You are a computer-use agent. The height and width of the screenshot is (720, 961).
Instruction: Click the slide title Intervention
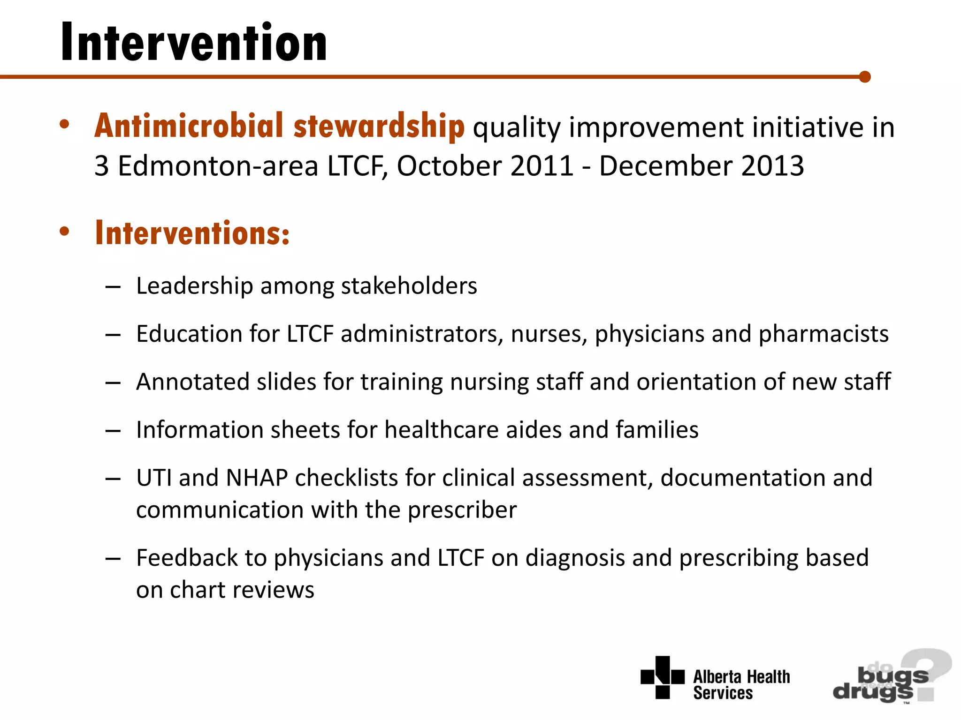click(194, 43)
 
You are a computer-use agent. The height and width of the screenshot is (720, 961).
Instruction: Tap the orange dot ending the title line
click(865, 77)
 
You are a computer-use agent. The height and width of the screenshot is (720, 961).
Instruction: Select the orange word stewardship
click(379, 126)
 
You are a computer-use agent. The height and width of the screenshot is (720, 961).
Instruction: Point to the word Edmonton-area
click(218, 166)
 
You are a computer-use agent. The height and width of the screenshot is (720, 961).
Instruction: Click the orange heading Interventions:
click(192, 233)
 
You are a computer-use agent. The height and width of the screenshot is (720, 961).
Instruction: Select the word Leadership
click(194, 286)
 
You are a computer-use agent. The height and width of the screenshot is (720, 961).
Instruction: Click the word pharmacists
click(824, 334)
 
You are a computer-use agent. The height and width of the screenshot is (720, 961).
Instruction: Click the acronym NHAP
click(257, 478)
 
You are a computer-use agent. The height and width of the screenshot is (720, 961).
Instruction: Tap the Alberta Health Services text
click(741, 685)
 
